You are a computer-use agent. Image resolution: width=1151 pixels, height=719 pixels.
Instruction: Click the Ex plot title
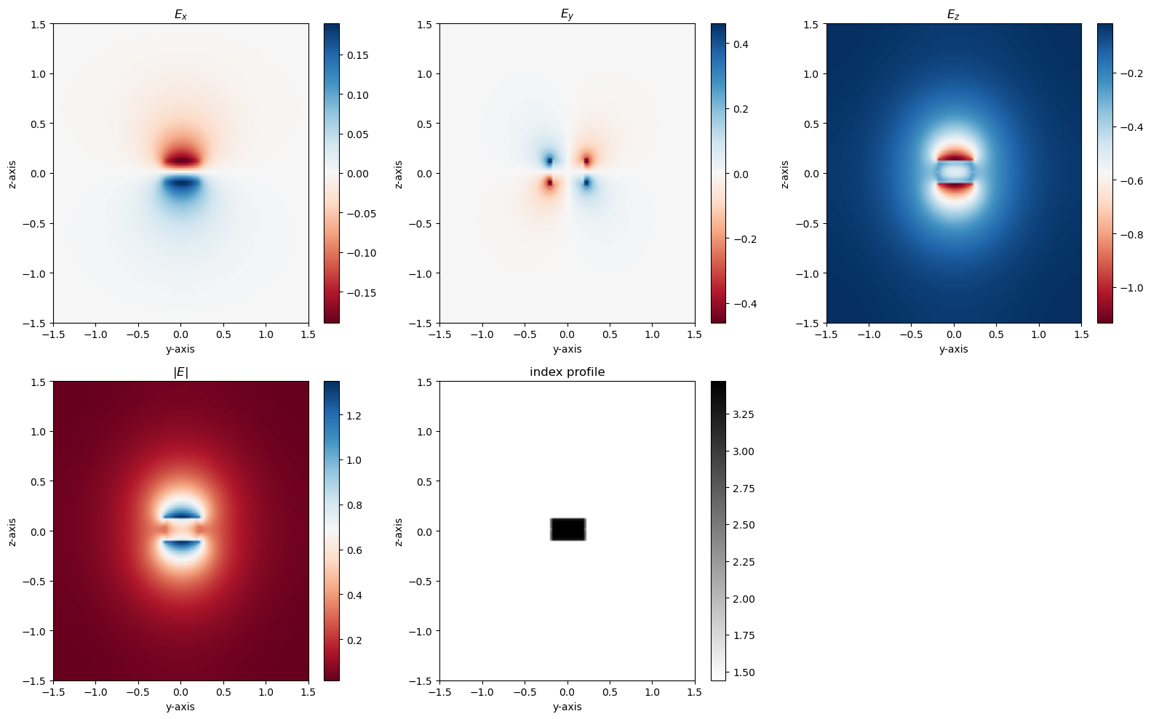[180, 15]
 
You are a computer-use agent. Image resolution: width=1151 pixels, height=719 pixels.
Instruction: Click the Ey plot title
[567, 15]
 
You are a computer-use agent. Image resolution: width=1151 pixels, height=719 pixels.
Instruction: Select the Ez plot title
[953, 15]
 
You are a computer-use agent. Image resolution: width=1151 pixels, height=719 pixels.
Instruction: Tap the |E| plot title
[180, 372]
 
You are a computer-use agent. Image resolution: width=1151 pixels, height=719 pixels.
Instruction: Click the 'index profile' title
[567, 372]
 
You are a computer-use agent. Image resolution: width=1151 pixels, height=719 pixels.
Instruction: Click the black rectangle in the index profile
[567, 529]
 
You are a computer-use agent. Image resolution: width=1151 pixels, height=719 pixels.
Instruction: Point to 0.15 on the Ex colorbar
[358, 55]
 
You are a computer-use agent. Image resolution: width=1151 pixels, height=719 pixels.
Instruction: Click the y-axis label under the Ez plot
[953, 349]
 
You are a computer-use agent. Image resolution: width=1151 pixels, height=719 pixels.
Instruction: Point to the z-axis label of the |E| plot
[12, 532]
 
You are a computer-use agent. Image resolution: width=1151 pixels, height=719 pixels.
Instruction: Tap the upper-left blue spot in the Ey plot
[549, 160]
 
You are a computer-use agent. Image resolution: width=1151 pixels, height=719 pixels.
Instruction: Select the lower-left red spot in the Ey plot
[549, 183]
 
